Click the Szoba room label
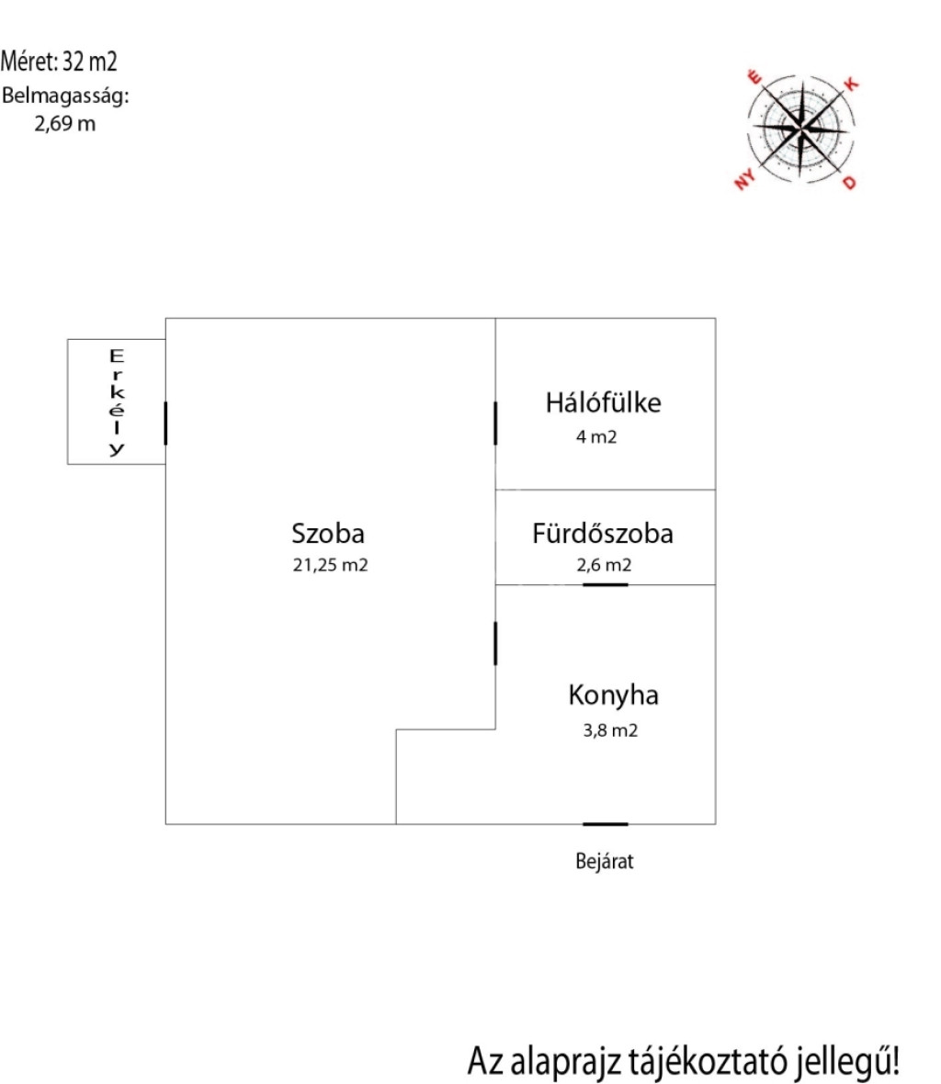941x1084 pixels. coord(328,534)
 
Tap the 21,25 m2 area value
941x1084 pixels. coord(331,565)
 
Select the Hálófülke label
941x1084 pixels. coord(604,402)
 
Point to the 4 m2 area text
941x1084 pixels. coord(596,437)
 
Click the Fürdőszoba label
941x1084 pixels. coord(603,533)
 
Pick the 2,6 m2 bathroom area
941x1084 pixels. coord(605,565)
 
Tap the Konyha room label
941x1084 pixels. coord(613,695)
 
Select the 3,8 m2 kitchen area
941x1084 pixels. coord(610,730)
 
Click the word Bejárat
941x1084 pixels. coord(605,862)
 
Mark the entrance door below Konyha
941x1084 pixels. coord(605,824)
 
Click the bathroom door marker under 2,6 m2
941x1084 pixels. coord(605,585)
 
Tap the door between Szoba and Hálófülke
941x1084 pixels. coord(495,423)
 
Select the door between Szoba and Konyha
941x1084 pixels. coord(495,644)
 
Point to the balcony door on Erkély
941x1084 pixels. coord(166,423)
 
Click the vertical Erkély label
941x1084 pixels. coord(117,403)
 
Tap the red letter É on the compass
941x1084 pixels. coord(755,77)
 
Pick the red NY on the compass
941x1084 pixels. coord(744,180)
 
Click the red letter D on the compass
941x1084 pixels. coord(849,183)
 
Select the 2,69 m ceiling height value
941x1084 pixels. coord(65,124)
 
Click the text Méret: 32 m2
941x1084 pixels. coord(59,62)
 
